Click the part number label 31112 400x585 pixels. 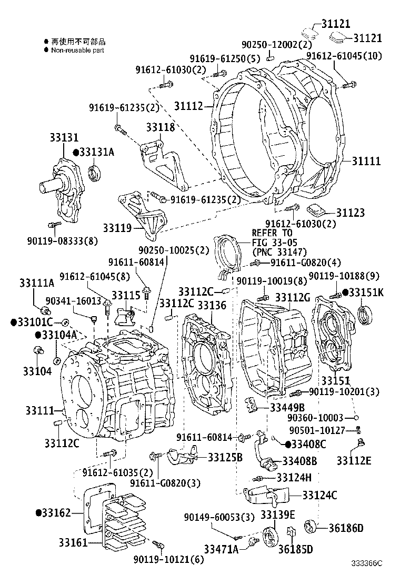[188, 106]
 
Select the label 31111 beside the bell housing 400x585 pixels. [366, 161]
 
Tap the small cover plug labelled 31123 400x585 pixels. [316, 210]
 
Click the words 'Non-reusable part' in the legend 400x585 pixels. [77, 51]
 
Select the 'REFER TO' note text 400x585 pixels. [272, 233]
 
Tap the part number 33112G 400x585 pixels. [293, 298]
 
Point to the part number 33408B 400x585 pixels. [299, 461]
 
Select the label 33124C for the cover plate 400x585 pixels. [319, 495]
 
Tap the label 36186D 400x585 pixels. [346, 528]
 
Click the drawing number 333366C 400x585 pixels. [367, 577]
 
